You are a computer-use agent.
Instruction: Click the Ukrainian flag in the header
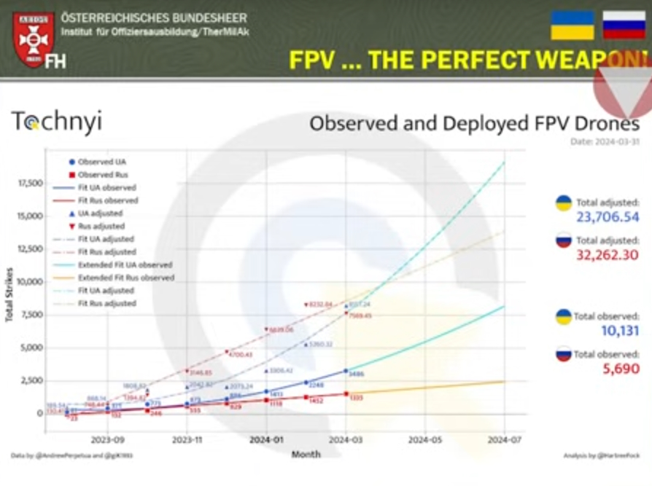572,25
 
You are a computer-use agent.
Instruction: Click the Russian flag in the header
624,25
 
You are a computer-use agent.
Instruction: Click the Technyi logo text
56,122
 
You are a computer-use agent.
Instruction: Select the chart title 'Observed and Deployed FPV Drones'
474,123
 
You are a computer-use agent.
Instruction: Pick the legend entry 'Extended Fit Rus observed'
125,278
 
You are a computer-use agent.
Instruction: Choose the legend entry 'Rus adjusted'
100,226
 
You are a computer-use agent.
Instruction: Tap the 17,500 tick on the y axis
29,183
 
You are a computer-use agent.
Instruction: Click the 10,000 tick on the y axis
29,281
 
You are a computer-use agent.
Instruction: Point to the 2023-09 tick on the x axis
107,439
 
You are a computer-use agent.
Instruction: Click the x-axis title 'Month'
306,455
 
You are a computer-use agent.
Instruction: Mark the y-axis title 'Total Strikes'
9,299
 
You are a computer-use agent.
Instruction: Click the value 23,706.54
597,216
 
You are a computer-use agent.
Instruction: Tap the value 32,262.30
597,255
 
